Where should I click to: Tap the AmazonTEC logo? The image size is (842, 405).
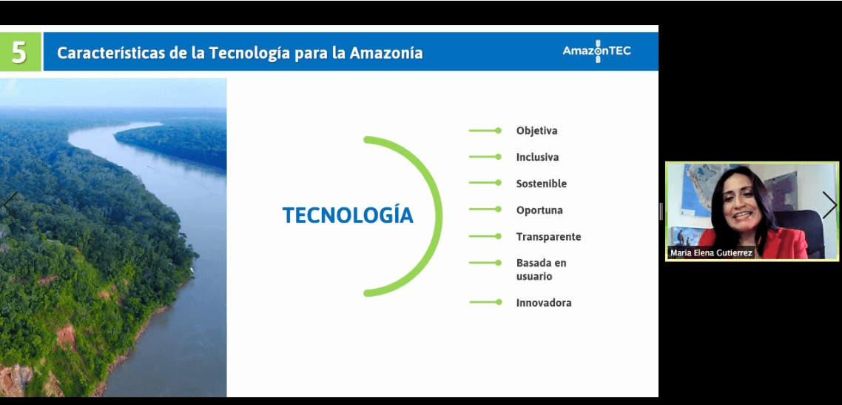596,51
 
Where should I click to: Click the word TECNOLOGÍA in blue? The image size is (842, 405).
348,214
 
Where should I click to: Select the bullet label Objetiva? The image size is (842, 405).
536,131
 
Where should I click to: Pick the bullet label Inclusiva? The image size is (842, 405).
537,158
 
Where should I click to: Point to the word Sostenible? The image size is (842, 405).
542,184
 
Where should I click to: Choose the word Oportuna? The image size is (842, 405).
539,210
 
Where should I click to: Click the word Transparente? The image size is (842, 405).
548,237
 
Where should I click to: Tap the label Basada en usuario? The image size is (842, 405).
541,270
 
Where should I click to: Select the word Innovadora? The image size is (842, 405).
543,303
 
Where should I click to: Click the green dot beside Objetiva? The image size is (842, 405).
499,130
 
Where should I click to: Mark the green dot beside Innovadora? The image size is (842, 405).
499,302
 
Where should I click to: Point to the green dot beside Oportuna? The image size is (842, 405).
499,210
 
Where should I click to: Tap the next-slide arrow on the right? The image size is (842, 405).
829,204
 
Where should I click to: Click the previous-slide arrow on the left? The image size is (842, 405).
9,204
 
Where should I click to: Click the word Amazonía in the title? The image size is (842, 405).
386,53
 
